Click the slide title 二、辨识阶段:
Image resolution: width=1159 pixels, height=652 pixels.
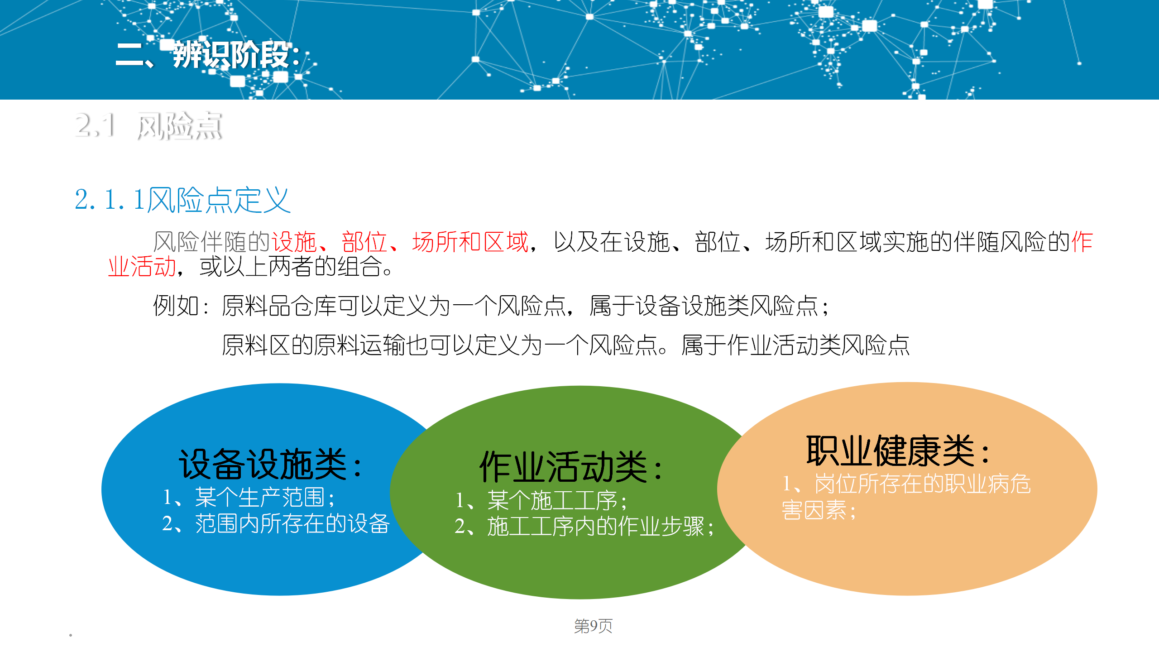click(208, 55)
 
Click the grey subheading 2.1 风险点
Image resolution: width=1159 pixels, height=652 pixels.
click(148, 125)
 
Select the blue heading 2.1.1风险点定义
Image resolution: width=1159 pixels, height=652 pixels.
click(182, 200)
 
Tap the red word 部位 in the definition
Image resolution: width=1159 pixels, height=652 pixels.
click(364, 241)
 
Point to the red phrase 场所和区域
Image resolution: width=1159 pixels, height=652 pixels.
click(470, 241)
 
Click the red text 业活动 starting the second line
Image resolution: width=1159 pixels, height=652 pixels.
click(142, 266)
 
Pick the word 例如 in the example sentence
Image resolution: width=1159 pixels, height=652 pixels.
click(176, 306)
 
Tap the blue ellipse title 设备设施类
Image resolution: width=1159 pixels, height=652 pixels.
click(263, 464)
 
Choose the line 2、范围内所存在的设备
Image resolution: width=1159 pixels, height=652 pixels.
click(276, 523)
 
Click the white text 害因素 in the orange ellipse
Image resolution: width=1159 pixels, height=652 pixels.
click(814, 510)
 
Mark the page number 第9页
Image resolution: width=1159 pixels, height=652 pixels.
click(593, 626)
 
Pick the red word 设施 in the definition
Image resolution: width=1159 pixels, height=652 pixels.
click(294, 241)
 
